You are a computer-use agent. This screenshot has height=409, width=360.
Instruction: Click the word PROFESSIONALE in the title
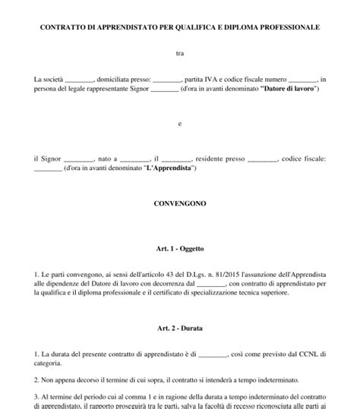289,27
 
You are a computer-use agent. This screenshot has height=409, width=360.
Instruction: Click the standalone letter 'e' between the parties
180,124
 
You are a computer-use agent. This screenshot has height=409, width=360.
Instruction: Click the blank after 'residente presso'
263,159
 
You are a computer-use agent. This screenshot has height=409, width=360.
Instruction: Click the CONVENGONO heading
180,203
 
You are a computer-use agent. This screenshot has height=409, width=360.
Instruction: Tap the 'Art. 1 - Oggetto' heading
180,248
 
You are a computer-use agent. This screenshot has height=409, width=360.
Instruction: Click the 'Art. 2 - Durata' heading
180,329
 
